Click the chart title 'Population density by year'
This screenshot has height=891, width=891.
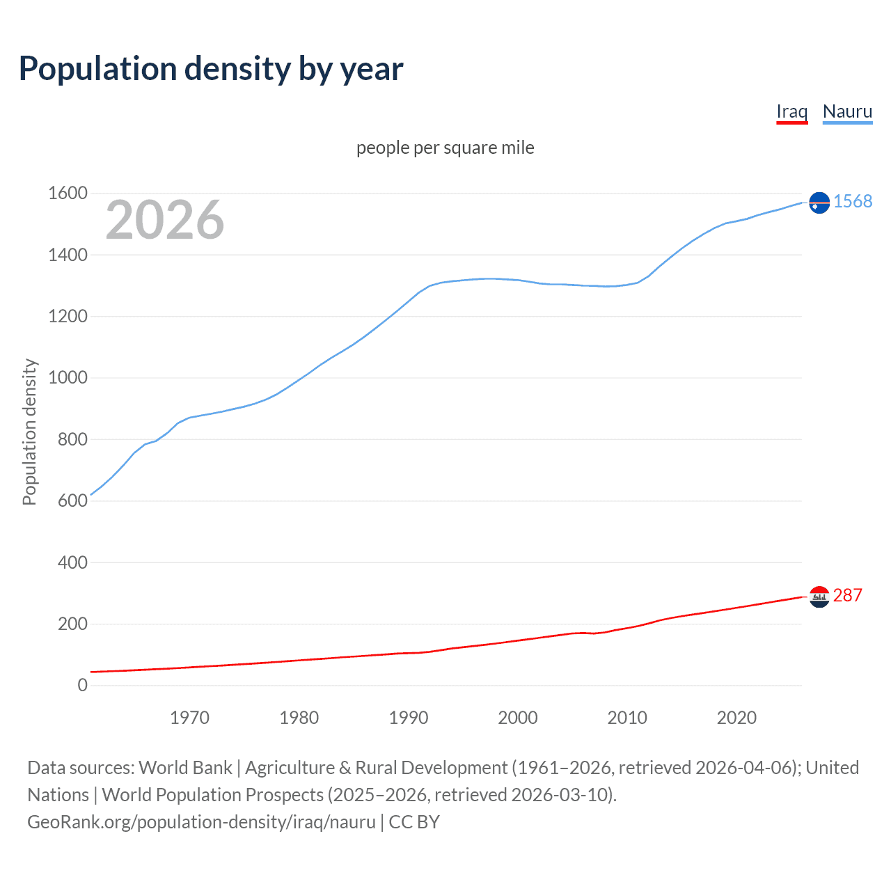pyautogui.click(x=211, y=69)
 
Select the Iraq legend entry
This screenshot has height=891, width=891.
pyautogui.click(x=791, y=111)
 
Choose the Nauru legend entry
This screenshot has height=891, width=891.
pyautogui.click(x=847, y=111)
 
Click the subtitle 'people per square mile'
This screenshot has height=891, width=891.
pyautogui.click(x=445, y=148)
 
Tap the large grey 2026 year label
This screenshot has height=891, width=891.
pyautogui.click(x=165, y=220)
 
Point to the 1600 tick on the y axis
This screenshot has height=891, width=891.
pyautogui.click(x=68, y=194)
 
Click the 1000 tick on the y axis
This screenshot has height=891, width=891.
pyautogui.click(x=68, y=378)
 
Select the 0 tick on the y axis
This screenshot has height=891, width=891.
pyautogui.click(x=82, y=686)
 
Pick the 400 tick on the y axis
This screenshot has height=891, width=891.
pyautogui.click(x=72, y=562)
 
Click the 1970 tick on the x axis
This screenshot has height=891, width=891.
pyautogui.click(x=189, y=718)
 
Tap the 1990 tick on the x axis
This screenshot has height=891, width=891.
pyautogui.click(x=409, y=718)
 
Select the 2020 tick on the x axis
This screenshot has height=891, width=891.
pyautogui.click(x=736, y=718)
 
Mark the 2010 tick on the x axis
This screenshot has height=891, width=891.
pyautogui.click(x=627, y=718)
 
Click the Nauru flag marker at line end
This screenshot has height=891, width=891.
pyautogui.click(x=819, y=203)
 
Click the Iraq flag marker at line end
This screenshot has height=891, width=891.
pyautogui.click(x=819, y=597)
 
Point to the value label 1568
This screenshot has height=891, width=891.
pyautogui.click(x=853, y=201)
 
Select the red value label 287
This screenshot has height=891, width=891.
pyautogui.click(x=847, y=595)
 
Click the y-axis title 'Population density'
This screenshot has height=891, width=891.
pyautogui.click(x=29, y=432)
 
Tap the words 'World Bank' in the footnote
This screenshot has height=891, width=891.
pyautogui.click(x=185, y=768)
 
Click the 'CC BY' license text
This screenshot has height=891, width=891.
pyautogui.click(x=414, y=822)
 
